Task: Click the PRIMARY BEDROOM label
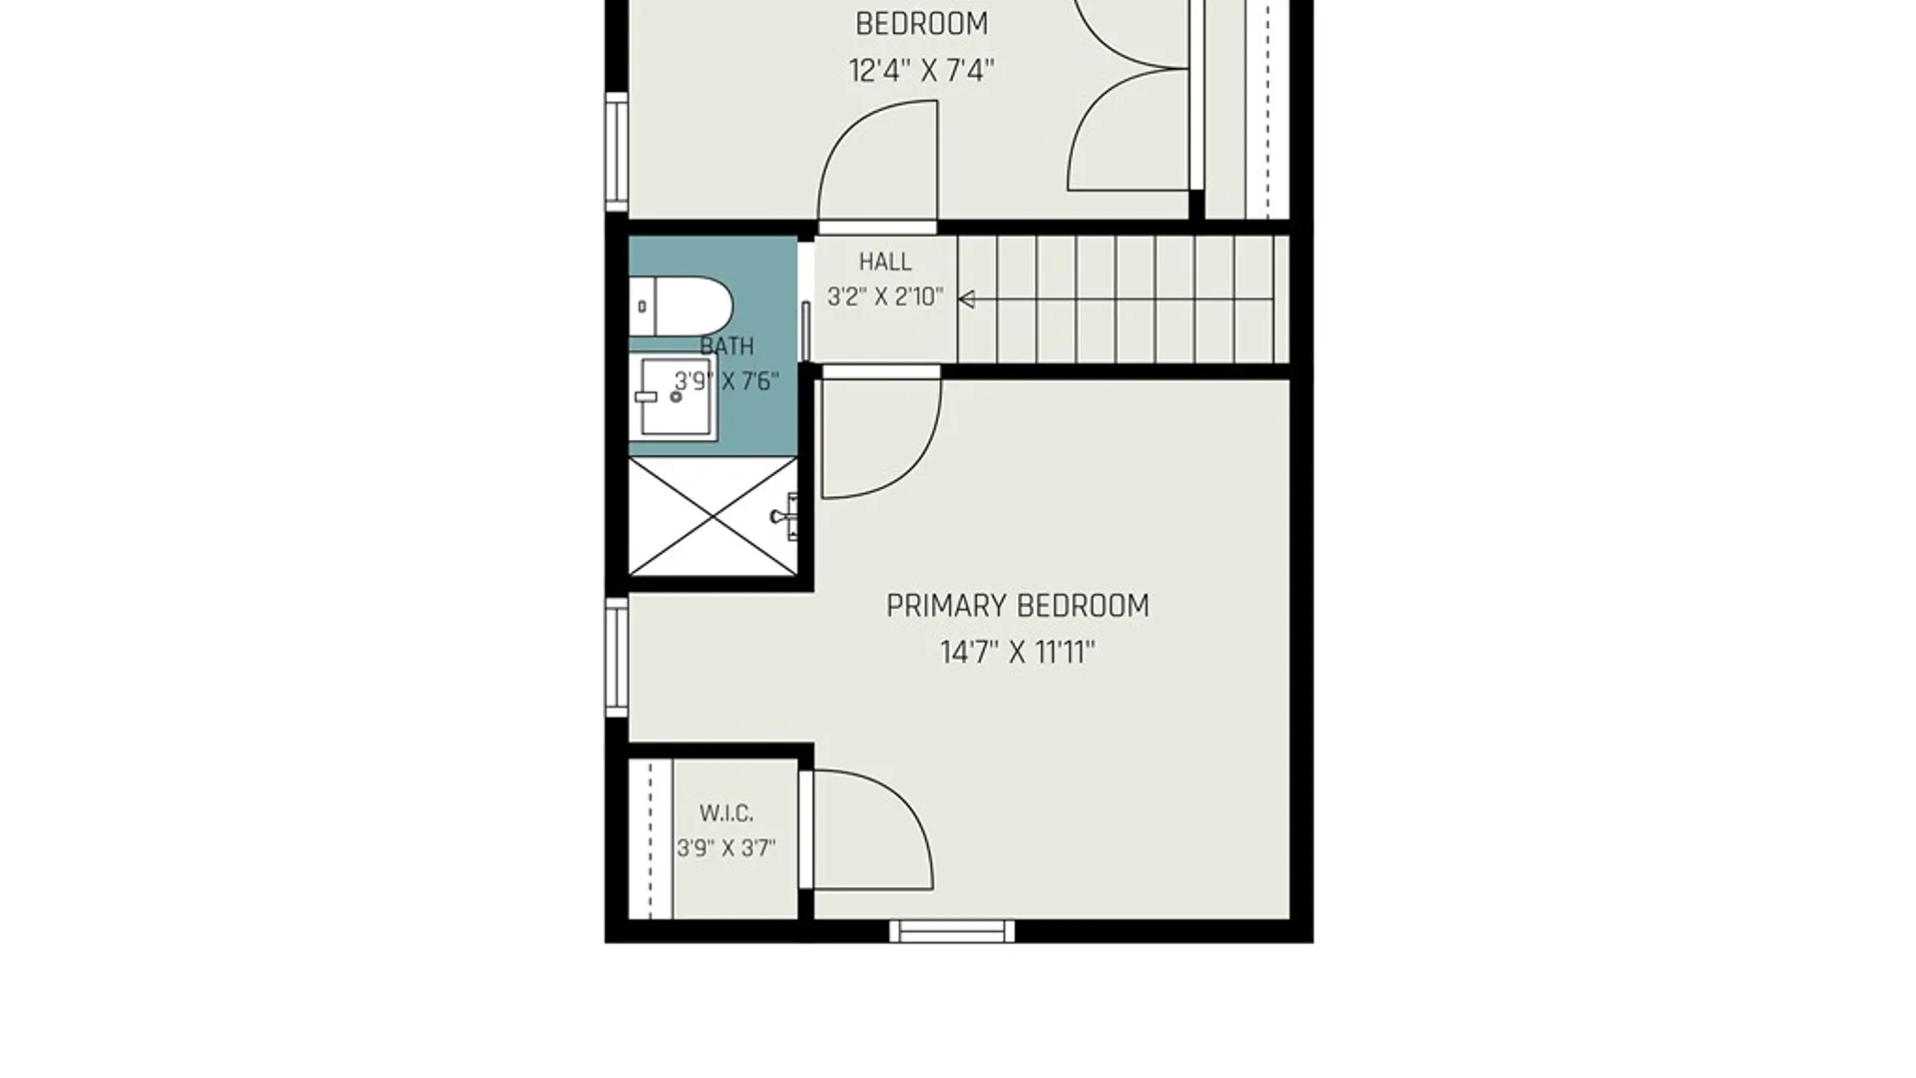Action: coord(1017,606)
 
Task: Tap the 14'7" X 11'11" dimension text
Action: coord(1017,653)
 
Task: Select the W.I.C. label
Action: coord(726,813)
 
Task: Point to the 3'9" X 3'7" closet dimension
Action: coord(726,848)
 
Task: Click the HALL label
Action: coord(885,262)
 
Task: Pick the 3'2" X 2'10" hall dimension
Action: coord(885,296)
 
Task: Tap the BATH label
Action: coord(726,346)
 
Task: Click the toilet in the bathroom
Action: coord(681,306)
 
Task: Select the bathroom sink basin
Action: coord(677,397)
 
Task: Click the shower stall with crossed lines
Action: coord(713,516)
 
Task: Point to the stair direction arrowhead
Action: coord(966,298)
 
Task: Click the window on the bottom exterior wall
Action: coord(952,931)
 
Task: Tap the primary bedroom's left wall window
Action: coord(617,657)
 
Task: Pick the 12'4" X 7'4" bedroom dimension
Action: coord(921,71)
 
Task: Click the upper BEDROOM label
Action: coord(921,23)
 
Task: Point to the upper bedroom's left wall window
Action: coord(617,152)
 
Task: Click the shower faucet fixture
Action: coord(786,515)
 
